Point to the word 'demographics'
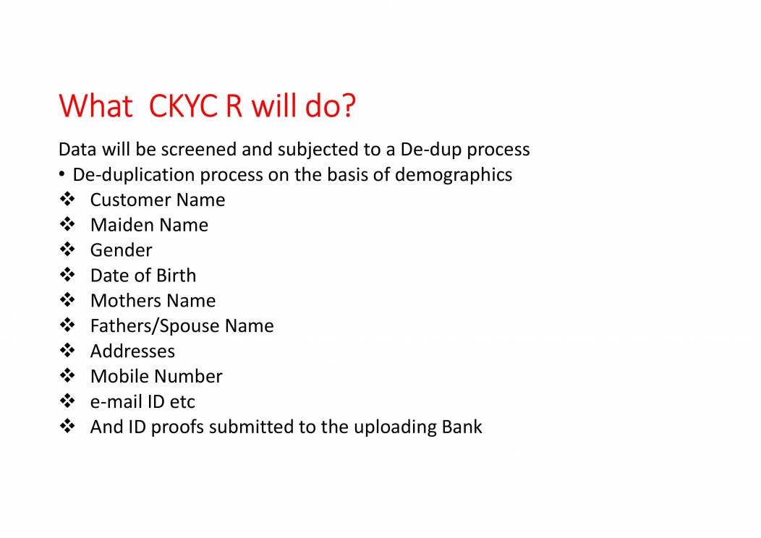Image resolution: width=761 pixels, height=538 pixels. tap(454, 175)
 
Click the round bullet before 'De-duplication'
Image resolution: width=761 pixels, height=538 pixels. tap(64, 175)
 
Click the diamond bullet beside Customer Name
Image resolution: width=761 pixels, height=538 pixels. tap(67, 200)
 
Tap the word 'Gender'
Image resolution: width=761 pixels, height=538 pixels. tap(121, 250)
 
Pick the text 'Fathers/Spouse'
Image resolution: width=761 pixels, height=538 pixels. tap(154, 326)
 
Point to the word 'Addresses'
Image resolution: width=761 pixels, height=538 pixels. tap(132, 351)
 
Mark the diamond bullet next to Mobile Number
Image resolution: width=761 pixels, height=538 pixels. tap(67, 376)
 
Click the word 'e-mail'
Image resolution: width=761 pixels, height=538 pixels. tap(116, 401)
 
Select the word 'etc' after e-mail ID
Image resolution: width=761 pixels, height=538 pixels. tap(182, 402)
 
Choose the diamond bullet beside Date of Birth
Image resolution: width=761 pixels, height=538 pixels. tap(67, 276)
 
